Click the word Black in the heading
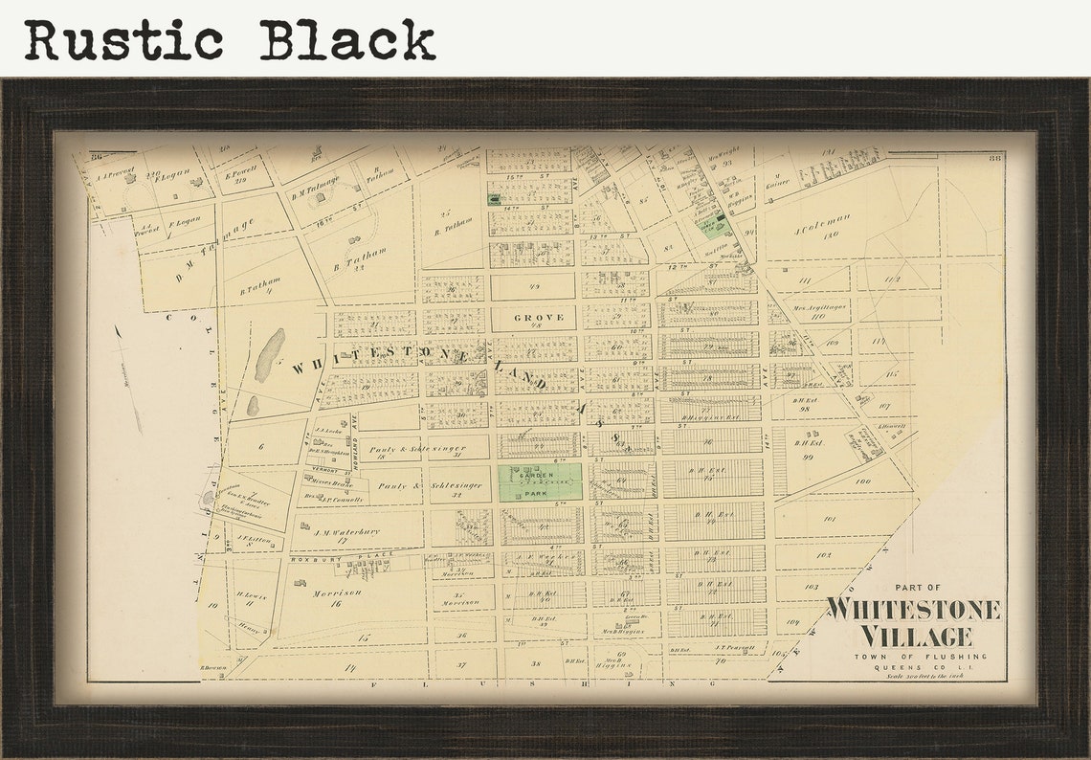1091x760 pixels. pos(347,40)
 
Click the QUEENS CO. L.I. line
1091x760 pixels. pos(917,667)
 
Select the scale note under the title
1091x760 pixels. pos(917,678)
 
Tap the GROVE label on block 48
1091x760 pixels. pos(539,317)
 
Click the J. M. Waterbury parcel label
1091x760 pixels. pos(345,533)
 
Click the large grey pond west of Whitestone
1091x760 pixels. pos(269,356)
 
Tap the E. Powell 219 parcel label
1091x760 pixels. pos(238,175)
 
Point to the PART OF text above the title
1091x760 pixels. pos(918,588)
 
